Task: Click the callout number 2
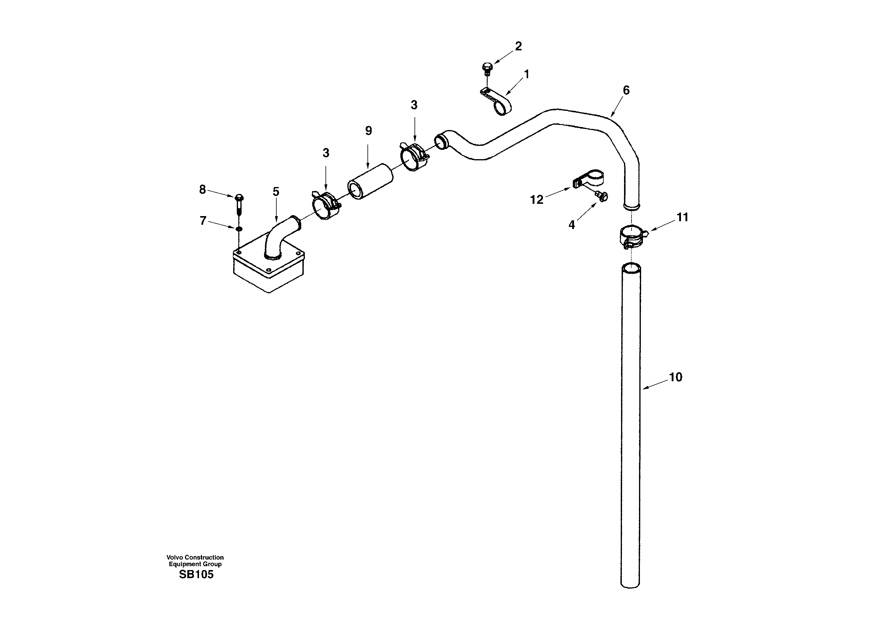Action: [x=518, y=46]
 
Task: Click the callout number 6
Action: [x=626, y=90]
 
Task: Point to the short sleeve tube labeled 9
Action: [x=370, y=182]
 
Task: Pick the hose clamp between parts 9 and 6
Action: [x=414, y=157]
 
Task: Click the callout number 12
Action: [x=537, y=200]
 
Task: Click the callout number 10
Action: [x=676, y=377]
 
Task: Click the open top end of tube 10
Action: [x=631, y=268]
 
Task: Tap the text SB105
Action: [x=196, y=575]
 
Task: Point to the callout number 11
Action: [x=682, y=217]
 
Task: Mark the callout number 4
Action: [x=572, y=225]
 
